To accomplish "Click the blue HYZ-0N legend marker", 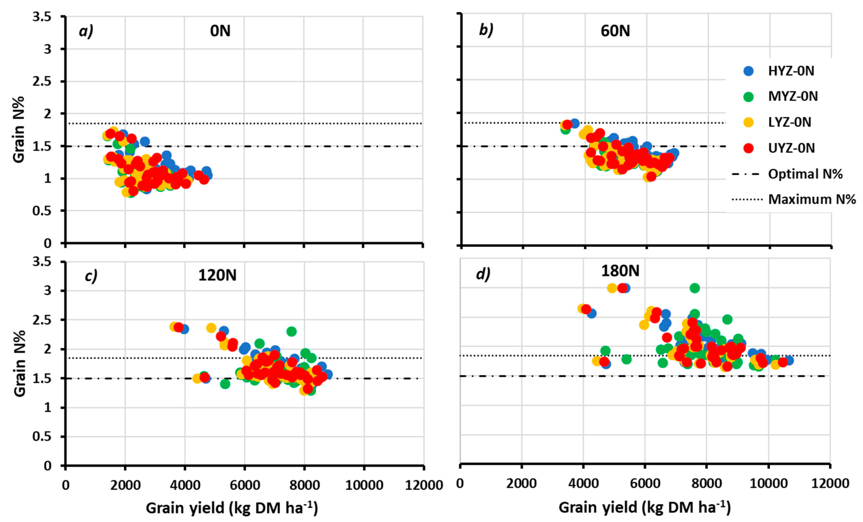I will point(748,71).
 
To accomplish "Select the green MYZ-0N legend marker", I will point(748,97).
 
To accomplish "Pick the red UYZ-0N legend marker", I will point(748,148).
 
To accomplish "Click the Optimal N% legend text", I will point(805,174).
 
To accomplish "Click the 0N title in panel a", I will point(220,31).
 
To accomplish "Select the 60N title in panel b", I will point(615,31).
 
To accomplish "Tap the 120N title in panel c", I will point(217,275).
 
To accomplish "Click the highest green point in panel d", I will point(695,288).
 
